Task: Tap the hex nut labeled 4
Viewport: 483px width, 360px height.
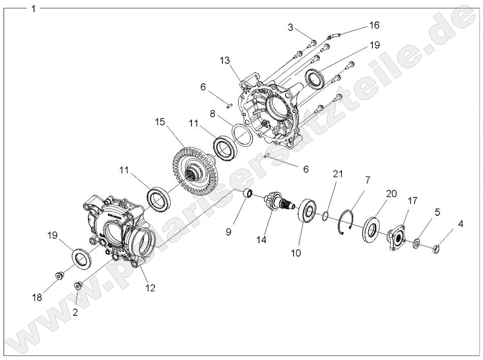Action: click(x=436, y=249)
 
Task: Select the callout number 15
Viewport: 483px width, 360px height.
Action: click(x=161, y=123)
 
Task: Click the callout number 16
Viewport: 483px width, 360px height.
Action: click(x=374, y=25)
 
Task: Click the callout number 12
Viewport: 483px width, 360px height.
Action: click(x=150, y=288)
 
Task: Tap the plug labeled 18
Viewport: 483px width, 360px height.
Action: click(x=60, y=276)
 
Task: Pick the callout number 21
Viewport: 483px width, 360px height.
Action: click(x=338, y=174)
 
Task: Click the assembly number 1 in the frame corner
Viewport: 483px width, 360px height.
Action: click(x=34, y=9)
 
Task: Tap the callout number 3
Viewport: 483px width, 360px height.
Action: click(x=291, y=27)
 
